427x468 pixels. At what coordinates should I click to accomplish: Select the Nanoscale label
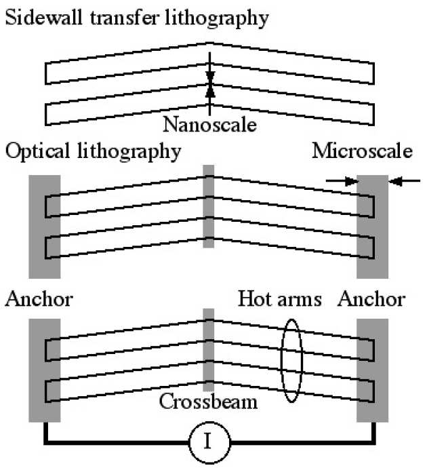click(210, 125)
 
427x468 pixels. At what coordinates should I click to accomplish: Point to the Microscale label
click(362, 151)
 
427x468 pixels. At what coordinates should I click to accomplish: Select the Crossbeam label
click(208, 401)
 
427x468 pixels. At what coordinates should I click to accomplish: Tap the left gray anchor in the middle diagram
click(44, 226)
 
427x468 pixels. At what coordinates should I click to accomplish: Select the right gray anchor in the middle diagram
click(372, 226)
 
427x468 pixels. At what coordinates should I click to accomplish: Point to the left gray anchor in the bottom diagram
click(44, 370)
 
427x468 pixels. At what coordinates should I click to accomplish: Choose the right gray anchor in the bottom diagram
click(372, 370)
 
